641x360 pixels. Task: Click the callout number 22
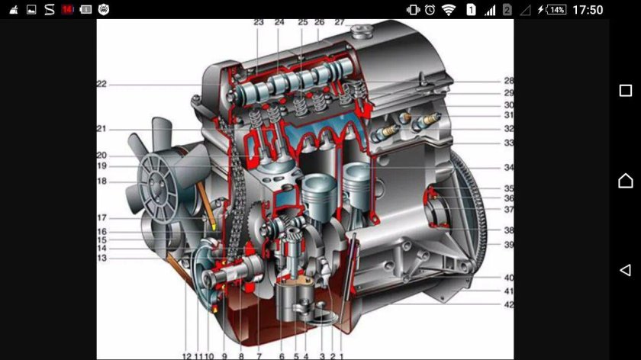click(x=101, y=84)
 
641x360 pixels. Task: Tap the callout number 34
click(x=508, y=168)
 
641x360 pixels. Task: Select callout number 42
click(x=508, y=304)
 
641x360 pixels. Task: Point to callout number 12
click(x=186, y=356)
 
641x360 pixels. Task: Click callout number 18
click(x=101, y=181)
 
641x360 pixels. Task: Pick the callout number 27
click(x=340, y=22)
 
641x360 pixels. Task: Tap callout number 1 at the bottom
click(x=341, y=356)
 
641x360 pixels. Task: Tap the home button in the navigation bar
click(x=626, y=180)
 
